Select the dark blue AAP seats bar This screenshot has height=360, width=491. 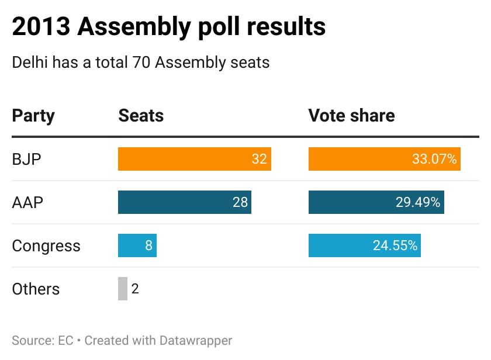tap(175, 202)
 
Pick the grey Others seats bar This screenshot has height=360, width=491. tap(123, 289)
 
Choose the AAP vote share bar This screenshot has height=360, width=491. tap(362, 202)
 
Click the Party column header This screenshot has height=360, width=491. tap(33, 116)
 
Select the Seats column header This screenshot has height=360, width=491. tap(141, 116)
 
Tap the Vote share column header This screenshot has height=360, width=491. tap(351, 116)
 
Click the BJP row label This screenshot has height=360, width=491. tap(27, 159)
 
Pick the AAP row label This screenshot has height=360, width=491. tap(28, 202)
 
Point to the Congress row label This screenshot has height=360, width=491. tap(46, 245)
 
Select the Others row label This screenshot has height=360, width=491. tap(36, 289)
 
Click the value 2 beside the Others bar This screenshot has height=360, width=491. tap(135, 289)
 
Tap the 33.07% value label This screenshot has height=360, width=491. tap(433, 159)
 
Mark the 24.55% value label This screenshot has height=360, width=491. tap(395, 245)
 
